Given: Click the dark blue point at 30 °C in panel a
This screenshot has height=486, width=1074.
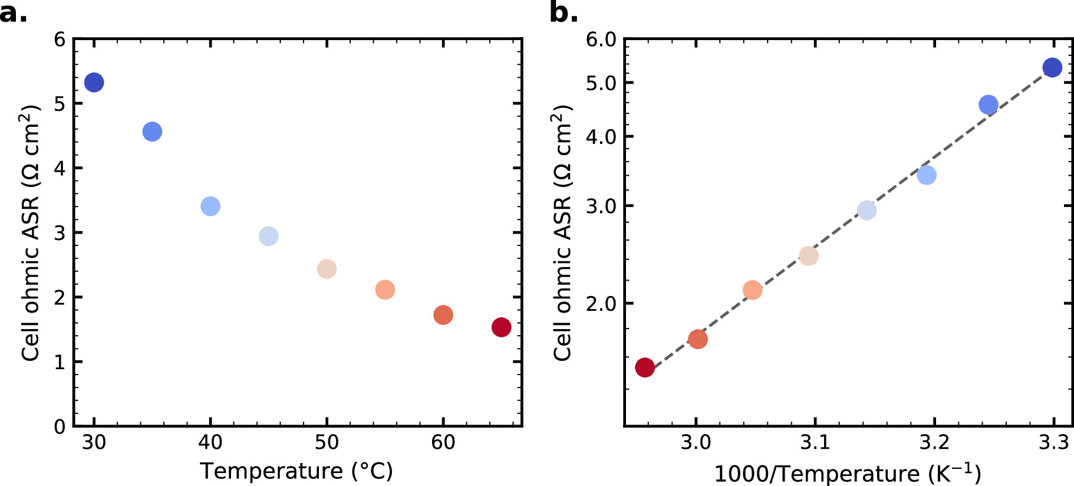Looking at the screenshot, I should pyautogui.click(x=94, y=83).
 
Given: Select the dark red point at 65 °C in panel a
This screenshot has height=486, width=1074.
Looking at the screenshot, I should pyautogui.click(x=501, y=327).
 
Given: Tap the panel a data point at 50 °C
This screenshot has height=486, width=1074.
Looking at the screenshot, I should pyautogui.click(x=327, y=269).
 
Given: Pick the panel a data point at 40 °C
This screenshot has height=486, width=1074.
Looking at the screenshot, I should pyautogui.click(x=210, y=206).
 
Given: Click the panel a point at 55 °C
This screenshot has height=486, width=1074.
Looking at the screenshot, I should pyautogui.click(x=385, y=290).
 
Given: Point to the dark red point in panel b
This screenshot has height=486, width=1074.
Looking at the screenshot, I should pyautogui.click(x=645, y=367).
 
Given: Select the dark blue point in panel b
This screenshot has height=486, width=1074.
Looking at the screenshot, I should pyautogui.click(x=1052, y=68).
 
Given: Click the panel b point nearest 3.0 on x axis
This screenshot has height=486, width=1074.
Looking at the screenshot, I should pyautogui.click(x=698, y=339).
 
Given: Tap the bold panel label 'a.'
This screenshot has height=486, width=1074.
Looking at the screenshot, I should pyautogui.click(x=13, y=12).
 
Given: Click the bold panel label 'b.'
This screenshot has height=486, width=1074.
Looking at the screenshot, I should pyautogui.click(x=564, y=12).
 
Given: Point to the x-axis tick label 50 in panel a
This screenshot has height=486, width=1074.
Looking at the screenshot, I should pyautogui.click(x=327, y=442).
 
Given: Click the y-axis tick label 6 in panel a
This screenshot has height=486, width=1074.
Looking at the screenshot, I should pyautogui.click(x=60, y=40).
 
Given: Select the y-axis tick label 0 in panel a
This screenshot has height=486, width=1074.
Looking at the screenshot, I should pyautogui.click(x=60, y=426).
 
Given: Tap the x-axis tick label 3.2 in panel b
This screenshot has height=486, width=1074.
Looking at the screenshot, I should pyautogui.click(x=934, y=442).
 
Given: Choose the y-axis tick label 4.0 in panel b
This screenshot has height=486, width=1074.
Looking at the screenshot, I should pyautogui.click(x=601, y=137).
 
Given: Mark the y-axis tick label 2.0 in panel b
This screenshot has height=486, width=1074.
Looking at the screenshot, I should pyautogui.click(x=601, y=304).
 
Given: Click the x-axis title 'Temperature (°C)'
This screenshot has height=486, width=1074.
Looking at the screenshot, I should pyautogui.click(x=296, y=471).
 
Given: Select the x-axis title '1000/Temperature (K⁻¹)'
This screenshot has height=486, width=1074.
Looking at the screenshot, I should pyautogui.click(x=848, y=473).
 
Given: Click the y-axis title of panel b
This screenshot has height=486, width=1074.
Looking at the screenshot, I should pyautogui.click(x=562, y=233).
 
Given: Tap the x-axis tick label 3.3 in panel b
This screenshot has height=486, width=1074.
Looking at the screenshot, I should pyautogui.click(x=1053, y=442).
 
